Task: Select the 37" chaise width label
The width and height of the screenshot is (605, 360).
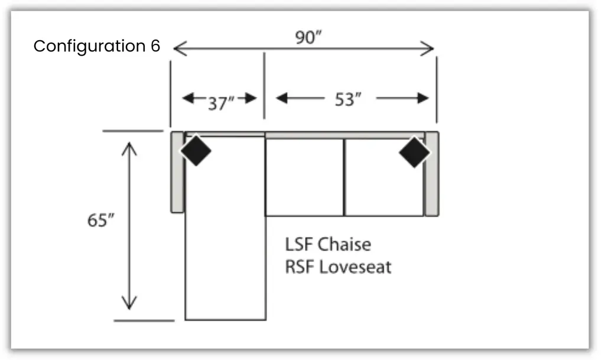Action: coord(221,103)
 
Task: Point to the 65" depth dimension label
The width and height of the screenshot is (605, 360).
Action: coord(100,220)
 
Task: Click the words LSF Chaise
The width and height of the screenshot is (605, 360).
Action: coord(328,244)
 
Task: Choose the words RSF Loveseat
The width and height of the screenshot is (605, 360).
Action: coord(338,267)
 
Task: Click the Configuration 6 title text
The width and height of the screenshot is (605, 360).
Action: coord(97,46)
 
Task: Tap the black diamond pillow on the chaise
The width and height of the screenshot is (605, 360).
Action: coord(196,151)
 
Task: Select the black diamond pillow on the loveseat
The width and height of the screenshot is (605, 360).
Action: coord(414,151)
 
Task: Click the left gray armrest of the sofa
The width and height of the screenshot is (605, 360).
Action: coord(177,172)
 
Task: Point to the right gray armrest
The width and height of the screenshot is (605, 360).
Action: coord(431,173)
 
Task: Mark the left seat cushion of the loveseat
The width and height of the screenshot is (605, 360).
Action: coord(304,177)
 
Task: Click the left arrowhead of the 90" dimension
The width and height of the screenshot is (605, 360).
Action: coord(177,48)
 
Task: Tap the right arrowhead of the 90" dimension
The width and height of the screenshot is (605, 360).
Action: coord(430,48)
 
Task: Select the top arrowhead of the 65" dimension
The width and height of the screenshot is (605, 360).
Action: coord(129,145)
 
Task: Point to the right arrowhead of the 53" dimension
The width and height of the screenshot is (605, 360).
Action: coord(424,99)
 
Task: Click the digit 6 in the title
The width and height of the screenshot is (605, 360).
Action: coord(155,46)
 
